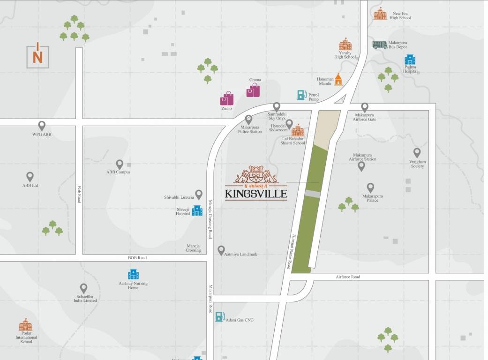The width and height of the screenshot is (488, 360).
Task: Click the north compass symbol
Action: coord(38,55)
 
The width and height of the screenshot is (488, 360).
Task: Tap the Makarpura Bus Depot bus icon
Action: coord(380,45)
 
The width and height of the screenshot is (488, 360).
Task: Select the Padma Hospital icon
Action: coord(410,60)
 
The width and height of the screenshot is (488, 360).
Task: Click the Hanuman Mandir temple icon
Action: coord(338,80)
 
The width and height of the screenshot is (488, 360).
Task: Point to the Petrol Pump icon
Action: coord(301,95)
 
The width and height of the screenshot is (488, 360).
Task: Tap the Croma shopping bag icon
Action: coord(253,90)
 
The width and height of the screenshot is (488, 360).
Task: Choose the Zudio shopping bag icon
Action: coord(227,98)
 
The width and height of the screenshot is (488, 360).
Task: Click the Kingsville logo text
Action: coord(255,193)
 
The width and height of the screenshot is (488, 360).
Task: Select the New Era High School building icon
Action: coord(380,14)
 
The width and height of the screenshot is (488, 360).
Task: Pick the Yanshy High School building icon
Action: coord(345,45)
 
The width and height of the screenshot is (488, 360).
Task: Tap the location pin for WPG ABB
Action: coord(42,126)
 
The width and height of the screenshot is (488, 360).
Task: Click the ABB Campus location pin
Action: coord(120,164)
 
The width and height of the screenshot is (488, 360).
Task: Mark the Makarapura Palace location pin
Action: coord(370,187)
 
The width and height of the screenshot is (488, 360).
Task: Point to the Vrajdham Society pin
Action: coord(417,152)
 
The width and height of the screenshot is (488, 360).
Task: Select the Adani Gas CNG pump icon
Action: coord(220,317)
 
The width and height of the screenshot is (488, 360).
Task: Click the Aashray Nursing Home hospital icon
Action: coord(133,274)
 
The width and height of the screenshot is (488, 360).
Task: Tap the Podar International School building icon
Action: coord(25,325)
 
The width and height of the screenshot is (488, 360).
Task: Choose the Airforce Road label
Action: coord(348,277)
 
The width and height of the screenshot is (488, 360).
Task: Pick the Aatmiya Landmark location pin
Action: coord(221,250)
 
